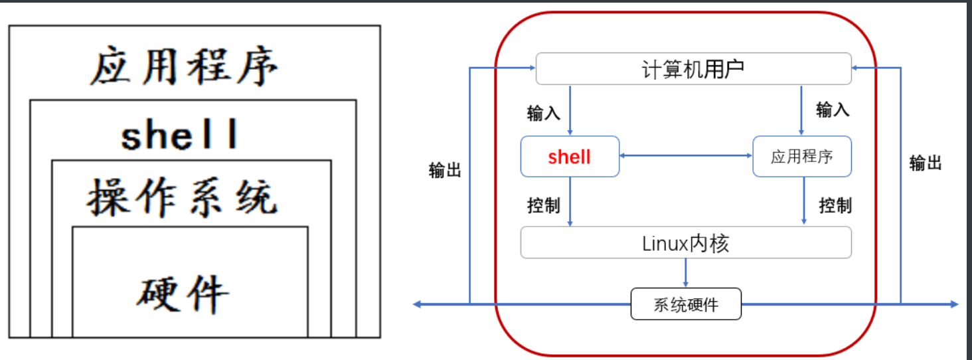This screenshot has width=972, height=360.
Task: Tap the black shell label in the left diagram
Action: [x=179, y=135]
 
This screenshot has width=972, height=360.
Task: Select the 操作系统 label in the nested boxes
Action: [x=181, y=197]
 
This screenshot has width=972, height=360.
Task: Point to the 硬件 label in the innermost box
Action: [x=183, y=292]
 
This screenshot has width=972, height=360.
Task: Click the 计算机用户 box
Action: [x=693, y=68]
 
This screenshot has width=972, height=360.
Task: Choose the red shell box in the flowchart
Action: [x=570, y=157]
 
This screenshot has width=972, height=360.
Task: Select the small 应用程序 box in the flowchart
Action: [x=801, y=157]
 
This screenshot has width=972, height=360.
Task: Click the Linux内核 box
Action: [x=686, y=243]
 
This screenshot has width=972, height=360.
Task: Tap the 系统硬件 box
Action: [x=686, y=305]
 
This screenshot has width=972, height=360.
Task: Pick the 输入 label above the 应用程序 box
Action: [x=833, y=110]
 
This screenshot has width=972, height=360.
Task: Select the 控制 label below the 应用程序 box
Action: [x=835, y=205]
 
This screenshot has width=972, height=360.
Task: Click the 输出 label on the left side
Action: [x=445, y=171]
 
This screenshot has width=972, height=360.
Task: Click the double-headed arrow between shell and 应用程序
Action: [x=686, y=156]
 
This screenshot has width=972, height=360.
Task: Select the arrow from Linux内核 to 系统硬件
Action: [x=686, y=273]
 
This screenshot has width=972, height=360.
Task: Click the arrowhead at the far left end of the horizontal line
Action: [x=418, y=304]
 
